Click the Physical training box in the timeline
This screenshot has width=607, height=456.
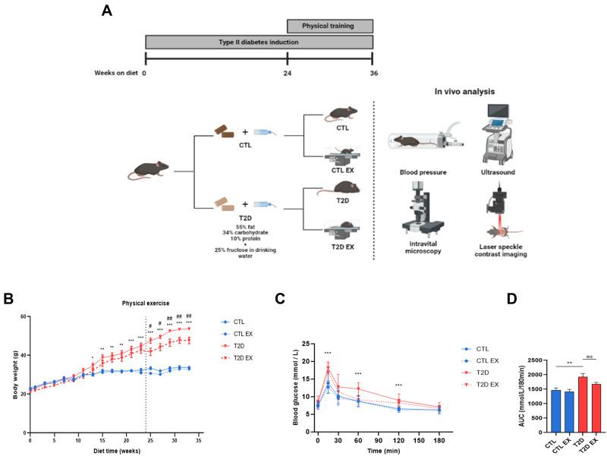click(x=329, y=27)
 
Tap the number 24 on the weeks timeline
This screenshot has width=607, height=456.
click(x=288, y=74)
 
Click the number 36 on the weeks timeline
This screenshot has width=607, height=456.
click(x=372, y=74)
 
